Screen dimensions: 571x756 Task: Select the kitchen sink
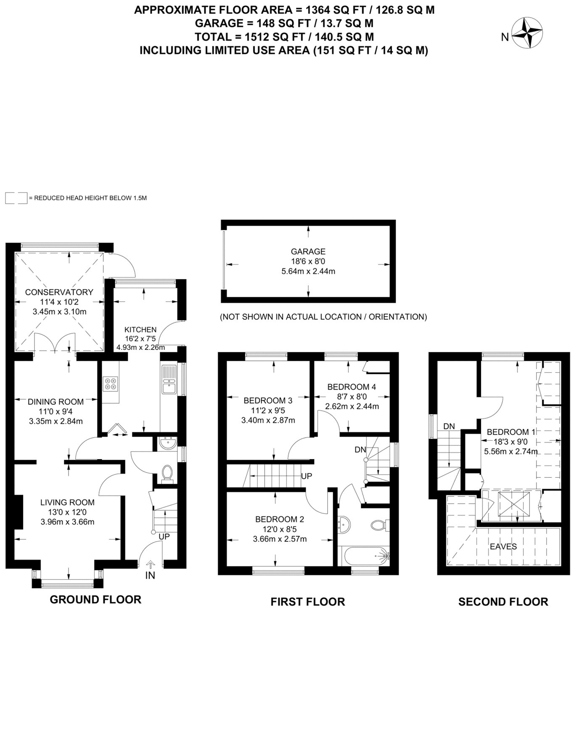click(x=169, y=380)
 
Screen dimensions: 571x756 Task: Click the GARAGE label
click(x=308, y=252)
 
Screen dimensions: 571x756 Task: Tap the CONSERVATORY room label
click(x=59, y=292)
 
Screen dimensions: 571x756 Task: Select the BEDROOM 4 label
click(x=352, y=387)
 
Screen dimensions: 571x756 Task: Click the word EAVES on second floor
click(x=503, y=546)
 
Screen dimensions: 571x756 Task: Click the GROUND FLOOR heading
click(x=95, y=599)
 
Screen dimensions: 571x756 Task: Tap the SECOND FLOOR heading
click(x=503, y=602)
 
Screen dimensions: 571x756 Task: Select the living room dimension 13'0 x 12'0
click(x=68, y=512)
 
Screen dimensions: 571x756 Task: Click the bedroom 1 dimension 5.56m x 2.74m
click(x=511, y=451)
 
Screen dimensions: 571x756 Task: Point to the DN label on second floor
click(x=449, y=426)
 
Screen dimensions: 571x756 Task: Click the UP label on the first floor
click(x=307, y=476)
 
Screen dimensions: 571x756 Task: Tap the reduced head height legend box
click(x=16, y=198)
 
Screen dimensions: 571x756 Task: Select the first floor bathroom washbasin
click(x=344, y=525)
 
